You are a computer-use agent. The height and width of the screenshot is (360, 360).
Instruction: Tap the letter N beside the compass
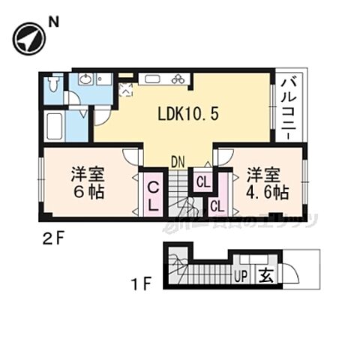click(53, 22)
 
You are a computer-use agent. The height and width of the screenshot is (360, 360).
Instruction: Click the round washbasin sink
click(85, 79)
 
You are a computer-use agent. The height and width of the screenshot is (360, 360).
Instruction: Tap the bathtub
click(57, 126)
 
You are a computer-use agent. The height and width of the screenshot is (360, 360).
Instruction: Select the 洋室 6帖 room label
click(88, 182)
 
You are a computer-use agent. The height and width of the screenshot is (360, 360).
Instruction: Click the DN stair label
click(177, 160)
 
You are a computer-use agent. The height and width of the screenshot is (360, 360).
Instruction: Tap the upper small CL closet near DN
click(203, 180)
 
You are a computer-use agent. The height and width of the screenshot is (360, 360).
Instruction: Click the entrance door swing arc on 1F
click(290, 273)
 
